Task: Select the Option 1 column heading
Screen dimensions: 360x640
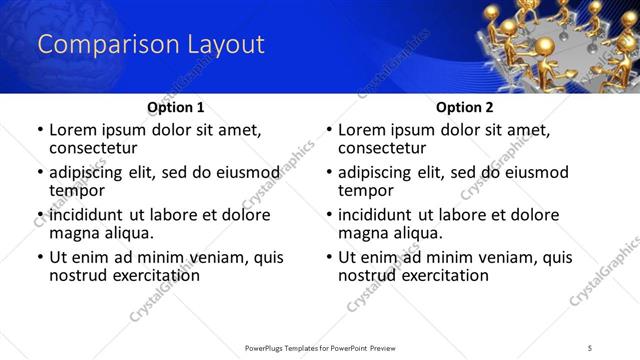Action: click(175, 107)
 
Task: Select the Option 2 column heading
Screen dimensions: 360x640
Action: click(464, 107)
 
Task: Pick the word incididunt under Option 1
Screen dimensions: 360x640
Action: click(93, 215)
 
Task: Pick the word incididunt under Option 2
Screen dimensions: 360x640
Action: click(382, 215)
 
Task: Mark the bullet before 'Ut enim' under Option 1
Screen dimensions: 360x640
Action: click(40, 258)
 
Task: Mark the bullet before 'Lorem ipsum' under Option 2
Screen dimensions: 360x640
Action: click(329, 130)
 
